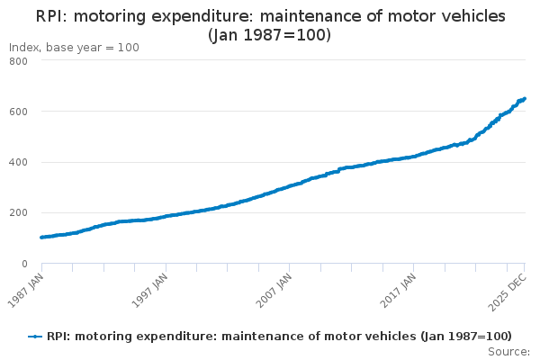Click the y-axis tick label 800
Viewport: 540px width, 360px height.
tap(18, 60)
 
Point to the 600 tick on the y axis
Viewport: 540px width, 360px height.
tap(18, 112)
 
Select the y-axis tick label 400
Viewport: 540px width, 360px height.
tap(18, 162)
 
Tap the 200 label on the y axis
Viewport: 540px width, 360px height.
tap(18, 213)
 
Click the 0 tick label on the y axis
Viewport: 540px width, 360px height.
tap(23, 264)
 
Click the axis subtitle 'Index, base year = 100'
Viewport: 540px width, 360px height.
tap(74, 48)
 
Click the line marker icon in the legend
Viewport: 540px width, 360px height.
tap(35, 336)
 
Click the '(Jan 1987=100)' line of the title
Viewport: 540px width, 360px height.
tap(269, 35)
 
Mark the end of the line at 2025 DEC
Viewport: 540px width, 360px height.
tap(525, 99)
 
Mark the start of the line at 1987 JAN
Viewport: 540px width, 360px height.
tap(42, 238)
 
